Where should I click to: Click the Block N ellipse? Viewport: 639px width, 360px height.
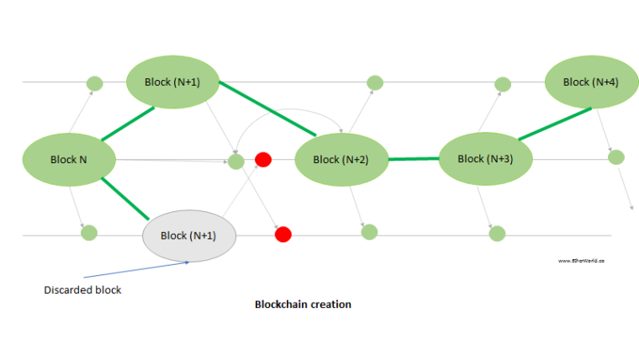[68, 159]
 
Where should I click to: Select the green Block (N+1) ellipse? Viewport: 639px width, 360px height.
[173, 82]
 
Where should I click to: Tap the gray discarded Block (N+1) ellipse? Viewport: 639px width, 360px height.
[190, 235]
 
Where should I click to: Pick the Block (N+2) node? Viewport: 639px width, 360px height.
[340, 159]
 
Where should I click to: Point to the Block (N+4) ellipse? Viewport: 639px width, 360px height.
[590, 82]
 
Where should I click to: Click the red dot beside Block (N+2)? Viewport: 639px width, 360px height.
[263, 159]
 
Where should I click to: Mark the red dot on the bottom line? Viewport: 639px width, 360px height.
[283, 234]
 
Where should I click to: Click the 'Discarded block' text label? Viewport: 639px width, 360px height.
[83, 290]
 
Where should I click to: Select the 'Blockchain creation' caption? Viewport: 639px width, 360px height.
[303, 304]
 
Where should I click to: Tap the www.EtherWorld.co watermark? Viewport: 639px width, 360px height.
[582, 261]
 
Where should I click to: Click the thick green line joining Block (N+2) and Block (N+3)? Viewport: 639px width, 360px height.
[414, 158]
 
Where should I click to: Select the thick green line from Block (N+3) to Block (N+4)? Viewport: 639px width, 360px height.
[553, 123]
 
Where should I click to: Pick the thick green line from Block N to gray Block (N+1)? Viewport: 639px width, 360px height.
[124, 199]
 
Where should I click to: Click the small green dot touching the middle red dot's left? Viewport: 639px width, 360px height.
[236, 161]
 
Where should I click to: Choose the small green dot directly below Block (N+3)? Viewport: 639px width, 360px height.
[497, 232]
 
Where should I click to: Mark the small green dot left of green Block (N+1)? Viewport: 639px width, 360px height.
[95, 83]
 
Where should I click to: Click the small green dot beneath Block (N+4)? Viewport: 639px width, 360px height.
[616, 156]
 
